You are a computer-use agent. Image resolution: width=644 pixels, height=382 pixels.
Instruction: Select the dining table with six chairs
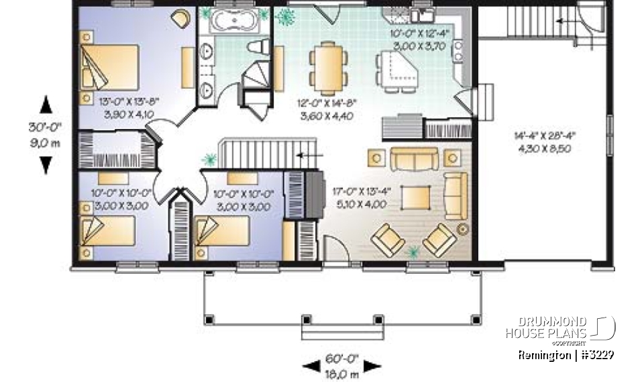pos(329,67)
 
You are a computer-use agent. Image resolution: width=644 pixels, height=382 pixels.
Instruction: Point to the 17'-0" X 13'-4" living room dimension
pos(358,197)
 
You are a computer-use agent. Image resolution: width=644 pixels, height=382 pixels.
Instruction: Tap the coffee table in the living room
pos(417,197)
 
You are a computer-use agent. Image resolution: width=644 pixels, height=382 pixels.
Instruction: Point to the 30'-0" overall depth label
pos(46,133)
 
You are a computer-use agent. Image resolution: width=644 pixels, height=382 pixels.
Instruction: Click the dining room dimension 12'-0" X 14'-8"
pos(326,109)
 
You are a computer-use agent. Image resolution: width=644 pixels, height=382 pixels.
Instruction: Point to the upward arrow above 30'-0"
pos(46,105)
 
